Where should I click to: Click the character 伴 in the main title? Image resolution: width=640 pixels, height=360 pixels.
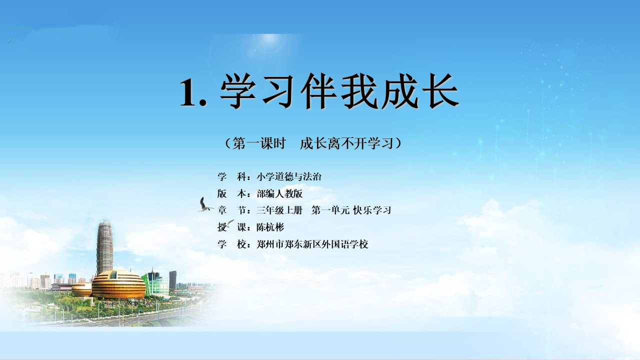[319, 91]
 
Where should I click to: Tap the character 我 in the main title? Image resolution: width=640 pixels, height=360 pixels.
[359, 91]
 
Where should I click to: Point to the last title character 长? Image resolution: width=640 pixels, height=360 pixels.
[440, 91]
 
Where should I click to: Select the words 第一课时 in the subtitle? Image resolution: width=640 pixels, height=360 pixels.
[259, 143]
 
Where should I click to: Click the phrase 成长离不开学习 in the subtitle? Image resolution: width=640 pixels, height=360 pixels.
[347, 143]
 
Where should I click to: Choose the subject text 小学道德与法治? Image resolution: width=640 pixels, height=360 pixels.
[289, 176]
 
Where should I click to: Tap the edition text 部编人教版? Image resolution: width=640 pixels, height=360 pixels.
[279, 193]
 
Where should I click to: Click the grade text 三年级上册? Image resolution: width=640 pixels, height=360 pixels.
[279, 210]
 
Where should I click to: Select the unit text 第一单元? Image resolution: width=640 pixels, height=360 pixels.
[330, 210]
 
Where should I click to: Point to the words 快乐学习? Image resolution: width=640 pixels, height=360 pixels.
[372, 210]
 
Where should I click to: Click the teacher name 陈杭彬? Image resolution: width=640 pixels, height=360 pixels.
[270, 227]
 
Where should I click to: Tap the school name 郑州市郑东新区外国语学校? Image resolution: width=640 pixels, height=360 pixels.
[312, 244]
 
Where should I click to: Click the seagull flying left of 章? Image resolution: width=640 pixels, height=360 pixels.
[204, 204]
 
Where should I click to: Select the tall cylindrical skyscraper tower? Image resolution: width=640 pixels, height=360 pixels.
[105, 247]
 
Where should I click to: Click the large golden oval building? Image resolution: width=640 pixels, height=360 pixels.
[118, 284]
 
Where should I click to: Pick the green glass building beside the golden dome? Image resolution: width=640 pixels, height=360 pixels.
[155, 284]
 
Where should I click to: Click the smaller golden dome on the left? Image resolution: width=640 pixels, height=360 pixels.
[81, 289]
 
